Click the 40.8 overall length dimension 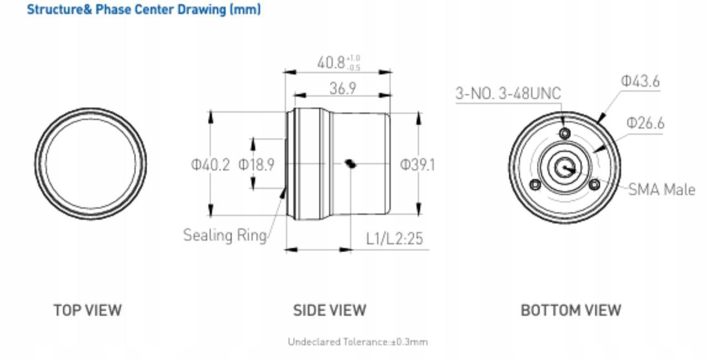(x=338, y=63)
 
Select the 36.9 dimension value (x=343, y=88)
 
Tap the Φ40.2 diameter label (x=210, y=165)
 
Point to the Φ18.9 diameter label (x=256, y=164)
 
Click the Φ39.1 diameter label (x=418, y=165)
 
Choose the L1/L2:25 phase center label (x=394, y=239)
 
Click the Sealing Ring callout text (x=225, y=235)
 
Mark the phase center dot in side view (x=351, y=164)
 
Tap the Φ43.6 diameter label (x=640, y=81)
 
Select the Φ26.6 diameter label (x=645, y=123)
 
